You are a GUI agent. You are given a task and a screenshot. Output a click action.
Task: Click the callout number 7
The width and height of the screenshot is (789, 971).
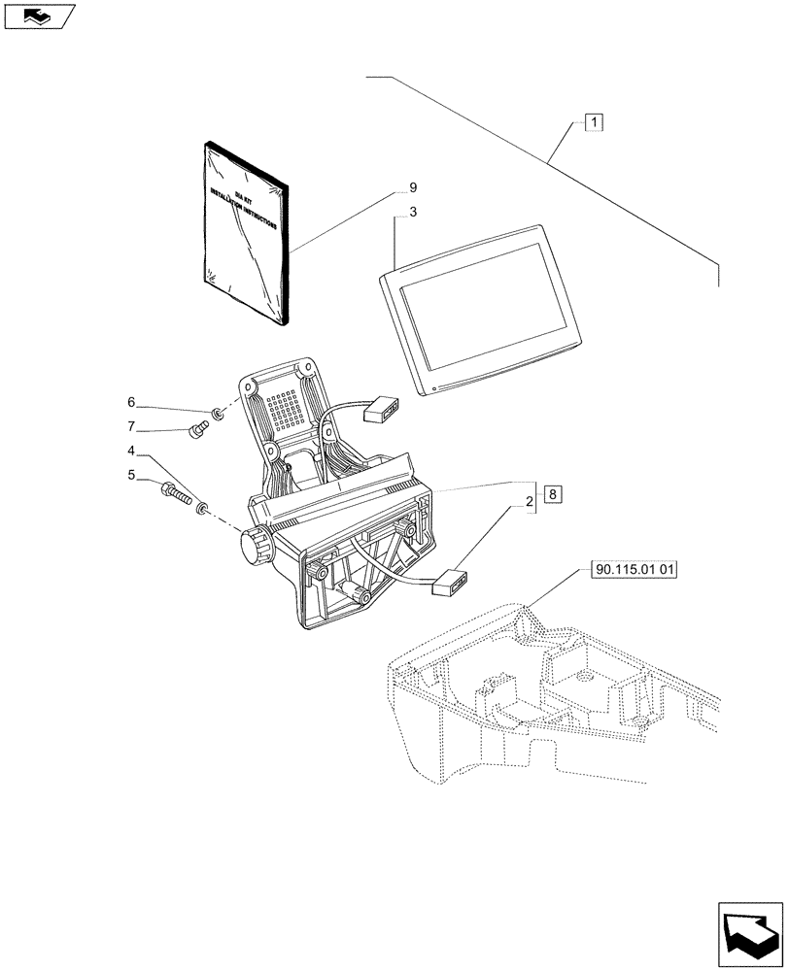(x=129, y=426)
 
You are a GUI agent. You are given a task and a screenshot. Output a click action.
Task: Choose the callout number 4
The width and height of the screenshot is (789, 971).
(x=129, y=451)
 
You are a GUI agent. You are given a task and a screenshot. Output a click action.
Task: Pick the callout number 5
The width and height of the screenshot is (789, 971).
(x=129, y=475)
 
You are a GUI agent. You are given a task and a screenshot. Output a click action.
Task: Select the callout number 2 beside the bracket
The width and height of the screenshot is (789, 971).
(x=530, y=502)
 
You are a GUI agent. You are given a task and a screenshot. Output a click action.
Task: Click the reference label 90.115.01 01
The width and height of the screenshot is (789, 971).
(x=633, y=571)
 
